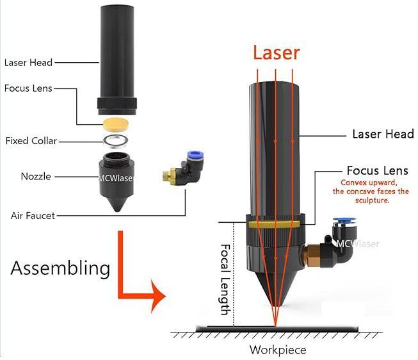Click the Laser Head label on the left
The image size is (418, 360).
coord(28,63)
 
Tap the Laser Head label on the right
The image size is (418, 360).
coord(383,135)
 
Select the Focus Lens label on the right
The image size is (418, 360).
coord(377,170)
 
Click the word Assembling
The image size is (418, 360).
coord(61,267)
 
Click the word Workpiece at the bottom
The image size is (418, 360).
coord(277,350)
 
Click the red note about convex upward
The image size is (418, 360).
coord(370,191)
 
